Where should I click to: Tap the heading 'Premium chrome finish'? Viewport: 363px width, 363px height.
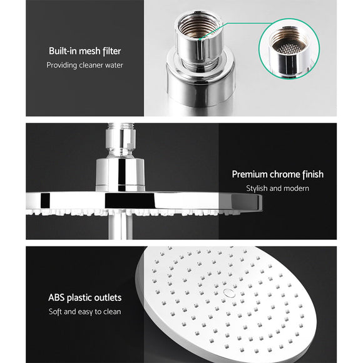click(277, 175)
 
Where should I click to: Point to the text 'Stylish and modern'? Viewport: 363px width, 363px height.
click(278, 188)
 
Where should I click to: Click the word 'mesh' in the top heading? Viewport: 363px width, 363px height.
click(91, 51)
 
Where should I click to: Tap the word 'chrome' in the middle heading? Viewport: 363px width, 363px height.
click(282, 175)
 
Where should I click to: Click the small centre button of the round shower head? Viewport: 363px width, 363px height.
click(229, 292)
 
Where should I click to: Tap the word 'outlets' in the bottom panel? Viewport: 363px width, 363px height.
click(108, 298)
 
